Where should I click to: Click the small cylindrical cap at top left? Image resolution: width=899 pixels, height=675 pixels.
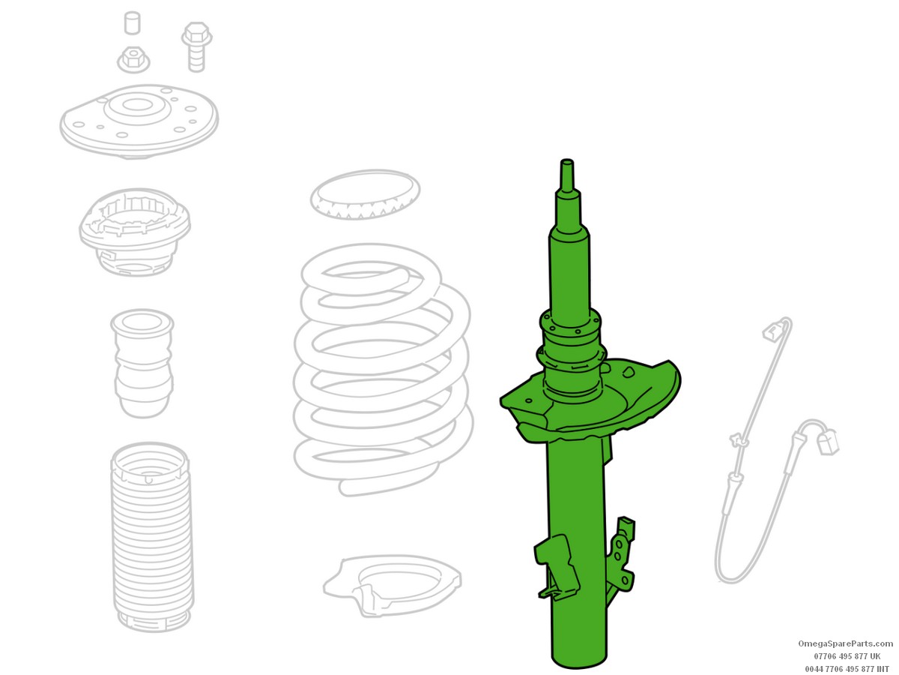[132, 23]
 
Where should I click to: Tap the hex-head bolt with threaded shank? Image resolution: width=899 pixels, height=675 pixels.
[196, 47]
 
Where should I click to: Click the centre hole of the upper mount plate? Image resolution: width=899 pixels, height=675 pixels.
[134, 105]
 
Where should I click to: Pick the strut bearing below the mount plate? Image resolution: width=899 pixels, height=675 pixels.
[134, 232]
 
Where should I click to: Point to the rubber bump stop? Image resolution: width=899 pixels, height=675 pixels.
[142, 364]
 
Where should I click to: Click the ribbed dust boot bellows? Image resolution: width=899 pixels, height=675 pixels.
[151, 537]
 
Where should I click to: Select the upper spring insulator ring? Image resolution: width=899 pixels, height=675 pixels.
[365, 195]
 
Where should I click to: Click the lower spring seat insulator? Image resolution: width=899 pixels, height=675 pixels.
[392, 585]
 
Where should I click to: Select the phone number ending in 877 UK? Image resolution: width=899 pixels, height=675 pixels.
[847, 656]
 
